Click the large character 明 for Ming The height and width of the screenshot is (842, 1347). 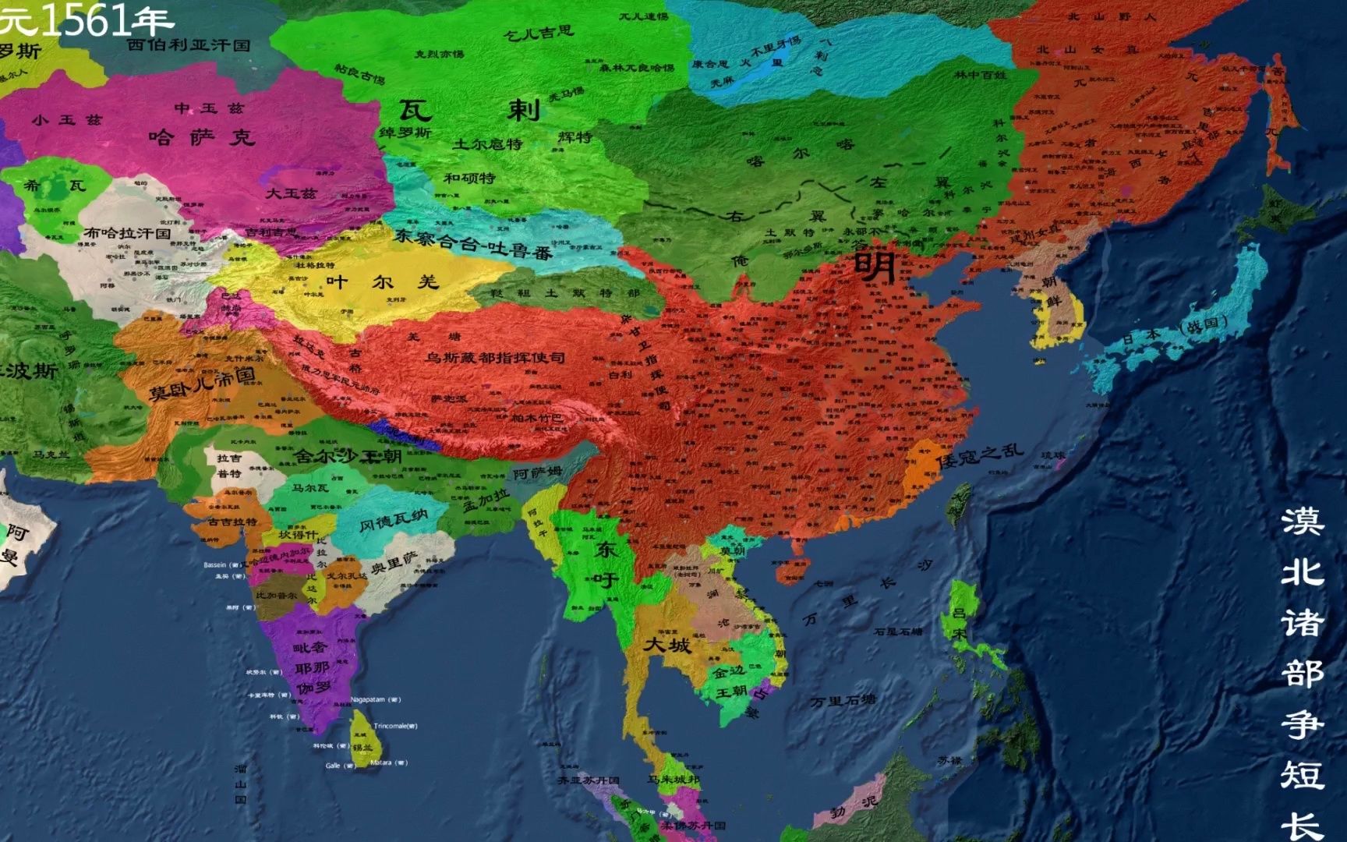tap(875, 266)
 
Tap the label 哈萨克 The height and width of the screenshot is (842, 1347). tap(201, 138)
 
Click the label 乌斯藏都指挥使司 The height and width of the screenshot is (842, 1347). tap(495, 358)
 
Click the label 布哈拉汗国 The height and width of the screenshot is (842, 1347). tap(127, 232)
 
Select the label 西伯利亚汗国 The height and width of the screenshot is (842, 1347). tap(189, 44)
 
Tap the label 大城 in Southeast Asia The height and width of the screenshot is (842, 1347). tap(666, 645)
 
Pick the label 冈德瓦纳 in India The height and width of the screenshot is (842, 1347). tap(393, 520)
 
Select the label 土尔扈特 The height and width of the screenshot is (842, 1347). tap(487, 143)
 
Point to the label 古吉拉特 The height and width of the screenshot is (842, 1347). tap(232, 522)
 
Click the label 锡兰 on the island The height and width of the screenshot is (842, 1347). tap(362, 747)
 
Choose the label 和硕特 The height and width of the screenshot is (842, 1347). tap(469, 178)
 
